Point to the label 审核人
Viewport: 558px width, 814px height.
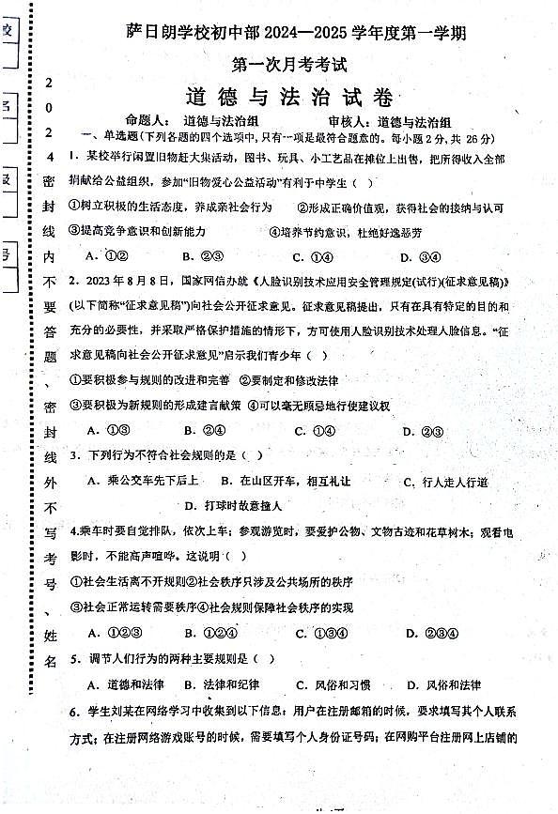coord(349,121)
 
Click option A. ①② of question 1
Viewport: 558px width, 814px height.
coord(106,256)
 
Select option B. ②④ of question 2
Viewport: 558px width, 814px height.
coord(204,431)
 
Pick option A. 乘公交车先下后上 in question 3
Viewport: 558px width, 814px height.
coord(142,482)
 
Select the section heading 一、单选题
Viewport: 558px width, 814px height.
coord(109,137)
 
